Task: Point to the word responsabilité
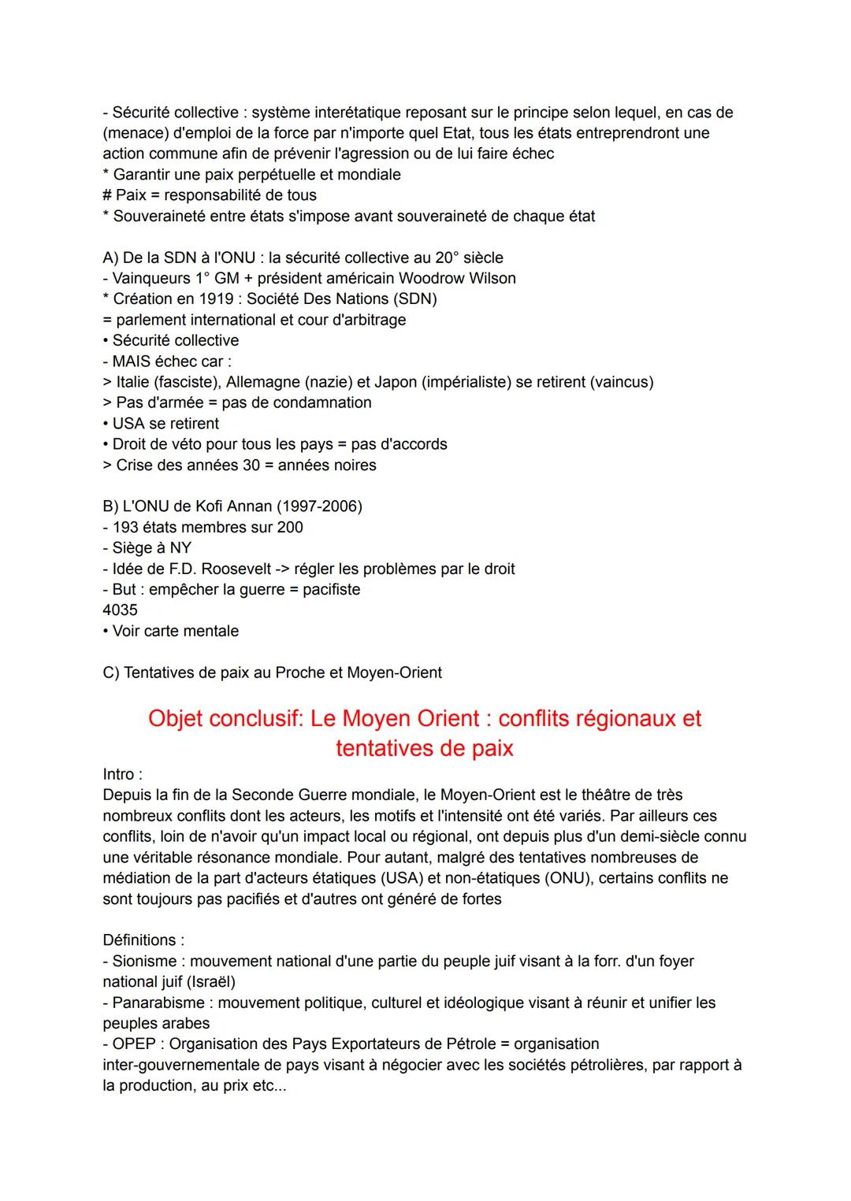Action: [216, 195]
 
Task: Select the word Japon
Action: [396, 383]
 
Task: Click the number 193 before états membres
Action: [126, 528]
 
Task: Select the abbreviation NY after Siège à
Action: [180, 548]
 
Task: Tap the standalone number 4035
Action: [120, 610]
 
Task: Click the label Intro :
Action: [122, 775]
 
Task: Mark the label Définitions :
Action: [143, 940]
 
